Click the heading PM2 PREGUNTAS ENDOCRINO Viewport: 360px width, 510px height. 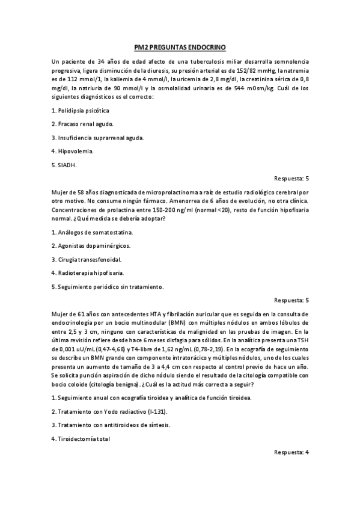(180, 48)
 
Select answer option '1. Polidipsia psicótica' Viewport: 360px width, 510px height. (81, 111)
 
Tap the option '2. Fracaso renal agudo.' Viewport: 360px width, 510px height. (82, 124)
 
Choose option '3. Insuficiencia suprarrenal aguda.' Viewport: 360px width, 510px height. (98, 138)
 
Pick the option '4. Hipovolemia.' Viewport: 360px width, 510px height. (72, 151)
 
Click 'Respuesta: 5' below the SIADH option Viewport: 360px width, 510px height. (291, 178)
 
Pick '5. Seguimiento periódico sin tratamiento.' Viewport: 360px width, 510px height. (108, 286)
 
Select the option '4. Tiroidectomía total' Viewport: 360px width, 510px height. (81, 438)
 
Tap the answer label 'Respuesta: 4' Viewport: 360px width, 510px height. (291, 452)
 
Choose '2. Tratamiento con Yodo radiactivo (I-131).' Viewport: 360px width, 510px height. (110, 411)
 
